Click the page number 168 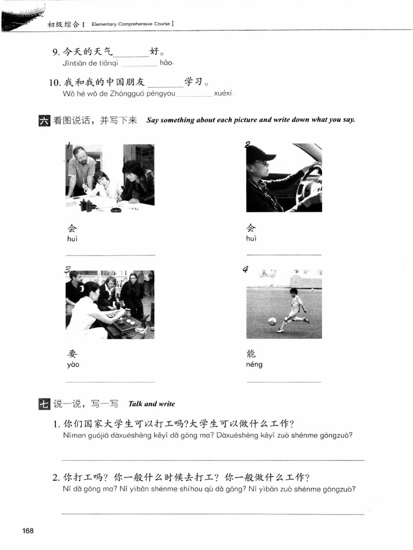28,531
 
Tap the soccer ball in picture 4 272,321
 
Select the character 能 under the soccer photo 251,353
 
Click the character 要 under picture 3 73,353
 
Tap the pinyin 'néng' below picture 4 254,364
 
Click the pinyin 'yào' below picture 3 73,365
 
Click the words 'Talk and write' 152,404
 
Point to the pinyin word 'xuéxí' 222,93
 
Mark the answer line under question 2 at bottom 213,513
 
